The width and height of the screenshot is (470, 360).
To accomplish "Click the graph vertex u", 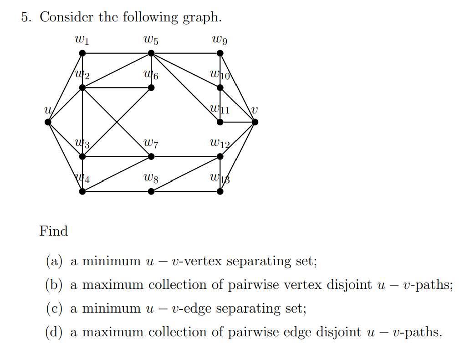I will [x=48, y=122].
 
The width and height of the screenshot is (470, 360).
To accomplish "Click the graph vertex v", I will [x=255, y=122].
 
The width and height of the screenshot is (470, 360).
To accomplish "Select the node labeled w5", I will [x=151, y=53].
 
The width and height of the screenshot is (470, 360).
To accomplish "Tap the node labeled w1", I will [x=82, y=53].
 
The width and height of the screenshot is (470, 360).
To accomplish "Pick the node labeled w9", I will [x=220, y=53].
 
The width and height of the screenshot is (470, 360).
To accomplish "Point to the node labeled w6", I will [x=151, y=87].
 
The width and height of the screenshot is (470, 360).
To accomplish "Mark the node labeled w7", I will [x=151, y=156].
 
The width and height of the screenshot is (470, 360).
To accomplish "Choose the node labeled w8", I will [x=151, y=191].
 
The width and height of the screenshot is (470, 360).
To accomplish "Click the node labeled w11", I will [x=220, y=122].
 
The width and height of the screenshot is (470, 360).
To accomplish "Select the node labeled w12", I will [x=220, y=156].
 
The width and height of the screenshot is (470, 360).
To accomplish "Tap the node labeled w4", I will [x=82, y=191].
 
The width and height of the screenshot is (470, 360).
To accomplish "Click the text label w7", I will [x=151, y=144].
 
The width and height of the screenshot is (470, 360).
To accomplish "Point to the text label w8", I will [x=151, y=179].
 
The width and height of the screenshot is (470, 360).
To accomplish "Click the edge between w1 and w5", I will [x=117, y=53].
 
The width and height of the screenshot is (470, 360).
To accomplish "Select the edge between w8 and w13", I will [x=186, y=191].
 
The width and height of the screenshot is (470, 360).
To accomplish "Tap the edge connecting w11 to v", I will [x=237, y=122].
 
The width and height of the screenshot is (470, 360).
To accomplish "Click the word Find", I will [x=54, y=231].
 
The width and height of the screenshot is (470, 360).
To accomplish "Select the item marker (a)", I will [x=54, y=261].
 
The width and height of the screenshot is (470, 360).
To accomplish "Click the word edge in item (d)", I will [x=299, y=332].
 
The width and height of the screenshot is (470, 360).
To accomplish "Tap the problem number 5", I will [x=26, y=17].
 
